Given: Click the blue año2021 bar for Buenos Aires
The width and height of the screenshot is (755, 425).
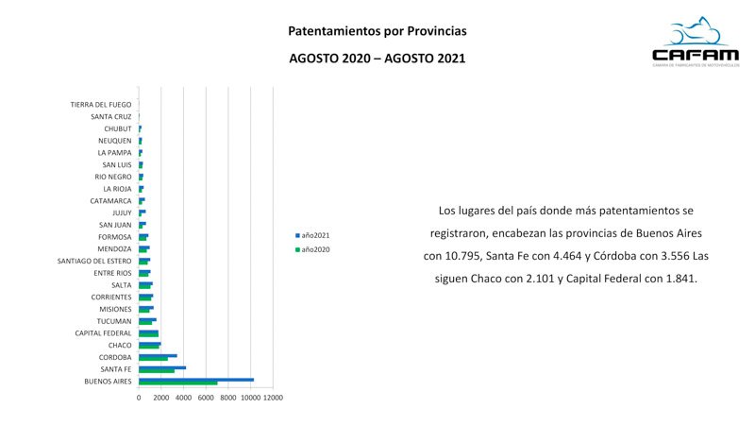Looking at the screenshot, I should [196, 380].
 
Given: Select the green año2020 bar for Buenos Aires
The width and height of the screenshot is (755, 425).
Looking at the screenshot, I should [178, 383].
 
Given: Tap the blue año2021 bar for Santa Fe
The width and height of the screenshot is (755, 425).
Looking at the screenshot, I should [162, 367].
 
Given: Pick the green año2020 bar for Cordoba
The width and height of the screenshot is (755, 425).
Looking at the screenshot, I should [153, 360].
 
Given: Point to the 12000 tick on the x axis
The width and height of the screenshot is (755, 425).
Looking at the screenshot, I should [273, 399].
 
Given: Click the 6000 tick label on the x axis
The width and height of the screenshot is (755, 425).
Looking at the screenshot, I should [206, 399].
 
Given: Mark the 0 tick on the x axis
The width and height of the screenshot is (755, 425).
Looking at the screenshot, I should [139, 399].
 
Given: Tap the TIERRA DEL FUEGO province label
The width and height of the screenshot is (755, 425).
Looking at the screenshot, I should [101, 105].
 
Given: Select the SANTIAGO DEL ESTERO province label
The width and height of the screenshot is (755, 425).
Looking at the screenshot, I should [94, 261].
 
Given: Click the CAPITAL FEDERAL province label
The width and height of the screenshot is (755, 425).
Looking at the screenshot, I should [104, 333].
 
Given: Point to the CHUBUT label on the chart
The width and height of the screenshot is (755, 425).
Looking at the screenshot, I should [118, 128].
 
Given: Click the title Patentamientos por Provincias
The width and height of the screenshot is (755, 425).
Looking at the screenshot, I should [377, 32].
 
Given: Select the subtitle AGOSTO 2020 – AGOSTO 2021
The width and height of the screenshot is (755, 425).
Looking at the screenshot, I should [377, 59].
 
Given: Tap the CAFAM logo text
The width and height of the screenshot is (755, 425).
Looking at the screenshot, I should [690, 55].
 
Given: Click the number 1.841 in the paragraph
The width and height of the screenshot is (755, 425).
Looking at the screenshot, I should [678, 280].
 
